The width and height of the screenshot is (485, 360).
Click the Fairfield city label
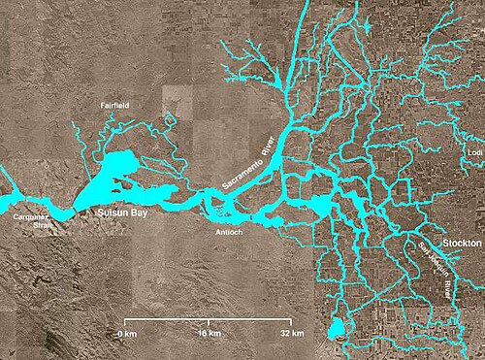point(115,103)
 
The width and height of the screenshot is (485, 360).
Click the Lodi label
point(473,152)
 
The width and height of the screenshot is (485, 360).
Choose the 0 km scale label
point(125,333)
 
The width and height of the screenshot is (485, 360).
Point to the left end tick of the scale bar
point(126,320)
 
